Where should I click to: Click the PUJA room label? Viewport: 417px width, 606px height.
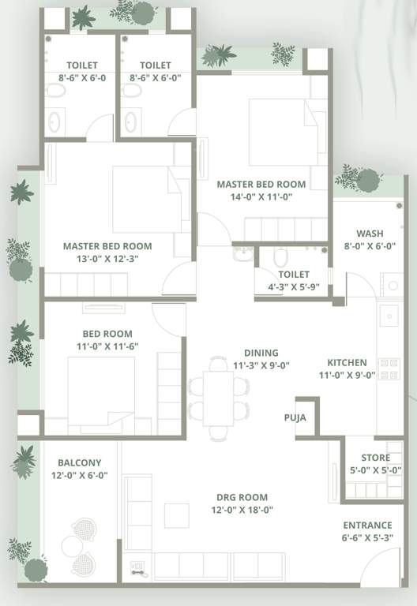(x=295, y=419)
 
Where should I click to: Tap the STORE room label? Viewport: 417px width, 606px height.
(x=375, y=458)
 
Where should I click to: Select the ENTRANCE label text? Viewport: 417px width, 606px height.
(x=367, y=526)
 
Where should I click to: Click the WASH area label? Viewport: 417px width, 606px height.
(x=370, y=234)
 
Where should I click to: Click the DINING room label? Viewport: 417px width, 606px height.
(x=261, y=353)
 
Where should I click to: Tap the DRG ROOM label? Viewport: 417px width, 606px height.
(x=242, y=497)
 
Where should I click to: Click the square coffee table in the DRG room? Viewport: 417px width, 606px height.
(x=176, y=515)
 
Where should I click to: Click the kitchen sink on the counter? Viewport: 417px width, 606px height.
(x=389, y=316)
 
